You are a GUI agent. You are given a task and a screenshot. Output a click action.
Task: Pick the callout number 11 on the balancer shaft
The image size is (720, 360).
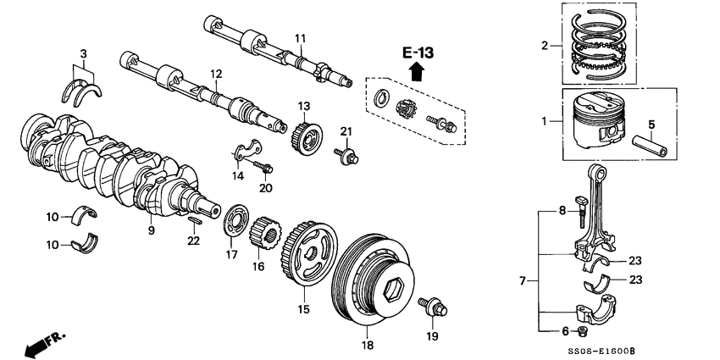[299, 38]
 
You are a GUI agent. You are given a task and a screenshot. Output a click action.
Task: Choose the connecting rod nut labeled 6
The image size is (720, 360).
[582, 330]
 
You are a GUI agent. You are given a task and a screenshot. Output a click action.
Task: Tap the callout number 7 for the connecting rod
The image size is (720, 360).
[523, 279]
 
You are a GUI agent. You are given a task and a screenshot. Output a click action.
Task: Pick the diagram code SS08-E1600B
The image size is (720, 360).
[662, 349]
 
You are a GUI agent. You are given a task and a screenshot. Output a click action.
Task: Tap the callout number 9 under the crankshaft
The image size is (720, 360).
[151, 230]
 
